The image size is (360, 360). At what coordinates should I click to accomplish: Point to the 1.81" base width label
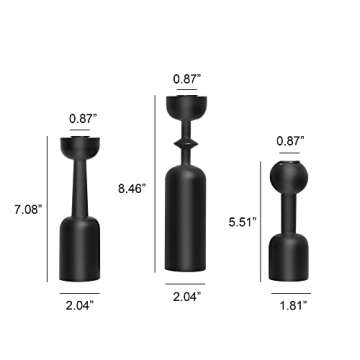[291, 304]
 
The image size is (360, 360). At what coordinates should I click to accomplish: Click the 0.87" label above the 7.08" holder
[83, 119]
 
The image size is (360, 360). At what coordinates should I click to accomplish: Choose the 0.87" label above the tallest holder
[187, 77]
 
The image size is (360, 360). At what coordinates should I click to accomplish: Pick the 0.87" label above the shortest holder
[291, 141]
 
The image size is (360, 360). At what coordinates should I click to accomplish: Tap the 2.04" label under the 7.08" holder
[83, 304]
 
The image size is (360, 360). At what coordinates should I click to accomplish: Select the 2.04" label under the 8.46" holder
[187, 296]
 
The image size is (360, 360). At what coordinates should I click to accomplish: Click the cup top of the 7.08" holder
[83, 150]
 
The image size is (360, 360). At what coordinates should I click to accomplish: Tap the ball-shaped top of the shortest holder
[290, 178]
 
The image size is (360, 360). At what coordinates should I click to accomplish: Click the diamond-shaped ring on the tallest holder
[187, 145]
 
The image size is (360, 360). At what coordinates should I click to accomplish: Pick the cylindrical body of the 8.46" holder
[187, 220]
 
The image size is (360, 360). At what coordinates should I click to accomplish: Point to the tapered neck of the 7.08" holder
[83, 190]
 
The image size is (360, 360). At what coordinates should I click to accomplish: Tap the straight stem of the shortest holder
[290, 215]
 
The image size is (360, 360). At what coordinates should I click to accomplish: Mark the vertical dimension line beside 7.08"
[47, 210]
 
